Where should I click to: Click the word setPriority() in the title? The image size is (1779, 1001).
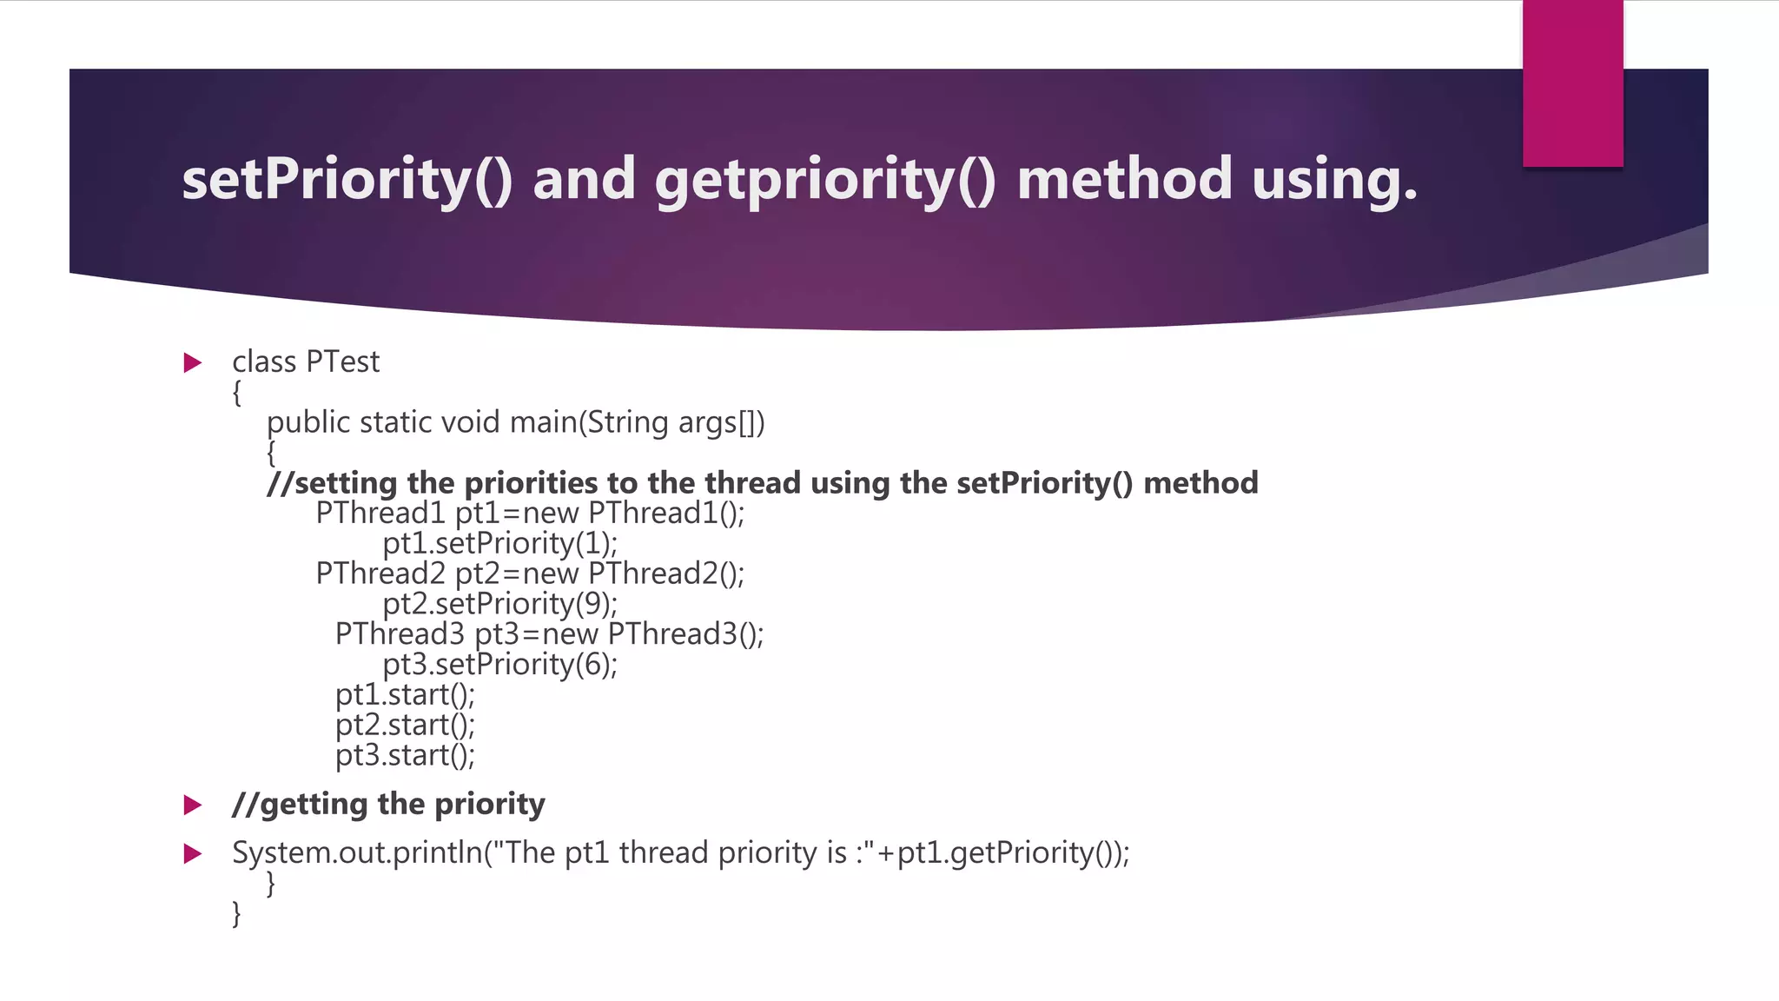coord(347,179)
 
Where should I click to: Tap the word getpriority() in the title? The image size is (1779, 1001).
coord(825,179)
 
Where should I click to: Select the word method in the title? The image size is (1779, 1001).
coord(1124,179)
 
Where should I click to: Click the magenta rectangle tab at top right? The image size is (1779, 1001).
coord(1572,83)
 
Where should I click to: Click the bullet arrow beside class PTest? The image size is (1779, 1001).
coord(193,362)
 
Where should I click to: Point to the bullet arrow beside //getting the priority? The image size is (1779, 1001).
coord(193,805)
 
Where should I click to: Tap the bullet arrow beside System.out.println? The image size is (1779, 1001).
coord(193,854)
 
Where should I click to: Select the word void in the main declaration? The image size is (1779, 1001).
coord(470,422)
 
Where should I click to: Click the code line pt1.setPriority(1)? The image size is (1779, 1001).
coord(499,544)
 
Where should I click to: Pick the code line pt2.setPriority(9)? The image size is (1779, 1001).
coord(499,604)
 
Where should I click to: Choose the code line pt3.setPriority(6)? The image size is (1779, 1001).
coord(499,665)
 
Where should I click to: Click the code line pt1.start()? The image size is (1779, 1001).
coord(405,695)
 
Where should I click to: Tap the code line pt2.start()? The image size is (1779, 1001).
coord(405,726)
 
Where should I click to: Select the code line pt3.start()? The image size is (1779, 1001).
coord(405,756)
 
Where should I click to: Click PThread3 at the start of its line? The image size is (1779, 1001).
coord(400,634)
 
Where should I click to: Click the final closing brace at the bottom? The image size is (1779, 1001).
coord(236,913)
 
